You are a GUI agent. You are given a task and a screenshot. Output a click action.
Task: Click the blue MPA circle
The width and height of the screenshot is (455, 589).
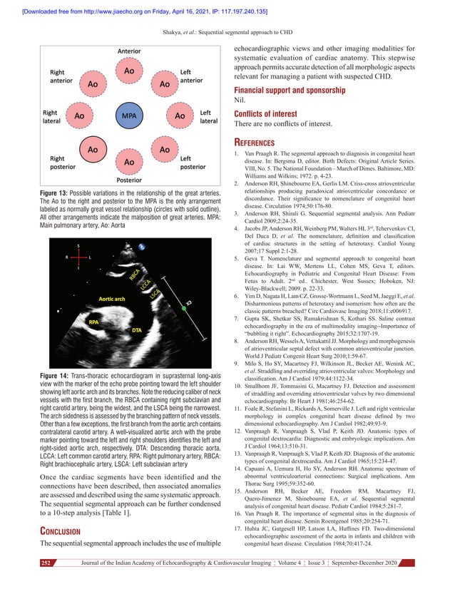[129, 116]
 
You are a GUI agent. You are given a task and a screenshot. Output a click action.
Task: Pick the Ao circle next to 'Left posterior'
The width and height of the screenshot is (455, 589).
[165, 150]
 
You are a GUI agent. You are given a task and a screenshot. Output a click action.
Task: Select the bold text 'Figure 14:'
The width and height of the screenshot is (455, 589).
[59, 374]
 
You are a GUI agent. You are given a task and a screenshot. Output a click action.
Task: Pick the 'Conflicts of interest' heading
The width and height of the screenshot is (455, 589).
[270, 113]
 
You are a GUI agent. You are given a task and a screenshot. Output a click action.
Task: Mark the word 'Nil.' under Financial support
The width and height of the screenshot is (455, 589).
[242, 101]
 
